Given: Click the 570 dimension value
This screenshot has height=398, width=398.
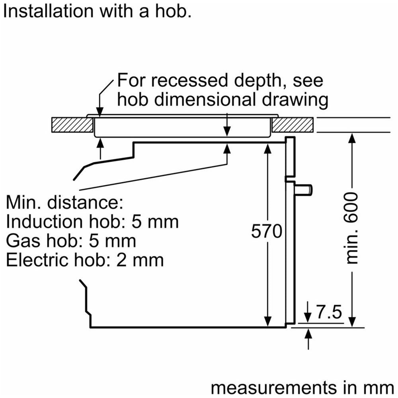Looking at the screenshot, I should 267,231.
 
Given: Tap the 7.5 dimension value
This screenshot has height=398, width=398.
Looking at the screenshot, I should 329,312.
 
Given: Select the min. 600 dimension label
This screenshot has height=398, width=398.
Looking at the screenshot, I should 352,228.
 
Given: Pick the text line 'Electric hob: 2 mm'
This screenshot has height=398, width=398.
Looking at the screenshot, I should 85,260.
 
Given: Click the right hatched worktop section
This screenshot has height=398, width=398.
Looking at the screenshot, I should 293,125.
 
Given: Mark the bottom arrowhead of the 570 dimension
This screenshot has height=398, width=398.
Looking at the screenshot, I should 268,322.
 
